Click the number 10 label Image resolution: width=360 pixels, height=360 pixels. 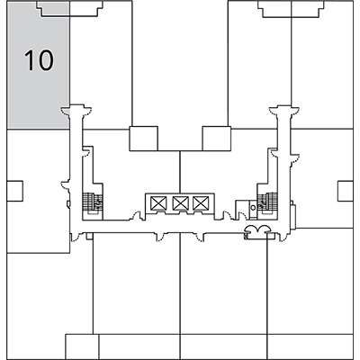click(39, 60)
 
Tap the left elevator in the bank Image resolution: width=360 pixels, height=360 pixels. click(158, 202)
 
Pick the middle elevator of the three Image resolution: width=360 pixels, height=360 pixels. click(180, 202)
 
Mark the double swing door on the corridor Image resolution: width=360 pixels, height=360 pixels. click(258, 233)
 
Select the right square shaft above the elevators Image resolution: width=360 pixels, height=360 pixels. click(216, 139)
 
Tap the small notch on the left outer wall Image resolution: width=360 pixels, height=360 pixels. click(13, 190)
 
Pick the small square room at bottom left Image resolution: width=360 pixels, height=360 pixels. click(81, 346)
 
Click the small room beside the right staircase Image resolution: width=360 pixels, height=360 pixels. click(241, 207)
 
